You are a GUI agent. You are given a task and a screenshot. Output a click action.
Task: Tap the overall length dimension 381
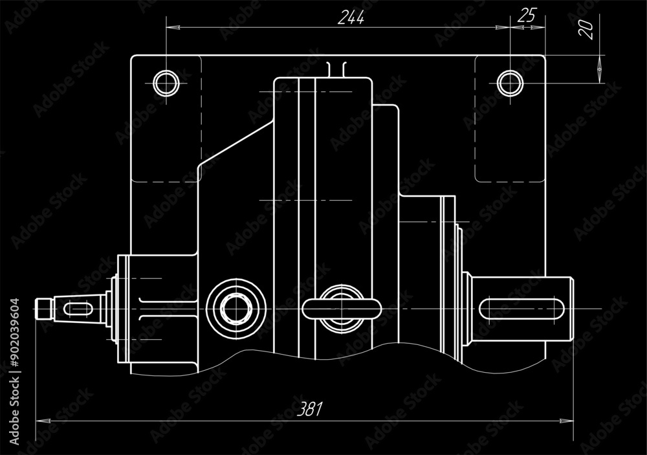tap(310, 408)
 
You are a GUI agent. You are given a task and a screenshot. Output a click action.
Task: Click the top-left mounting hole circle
tap(166, 83)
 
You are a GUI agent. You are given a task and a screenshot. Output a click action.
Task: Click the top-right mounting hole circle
tap(510, 83)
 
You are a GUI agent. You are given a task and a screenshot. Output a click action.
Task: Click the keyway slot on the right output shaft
tap(521, 309)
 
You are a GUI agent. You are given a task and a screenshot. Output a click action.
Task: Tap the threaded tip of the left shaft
tap(43, 309)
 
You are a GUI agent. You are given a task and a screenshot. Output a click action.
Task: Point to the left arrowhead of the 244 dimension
tap(172, 28)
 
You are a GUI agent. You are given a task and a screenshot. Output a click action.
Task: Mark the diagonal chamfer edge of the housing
tap(233, 142)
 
